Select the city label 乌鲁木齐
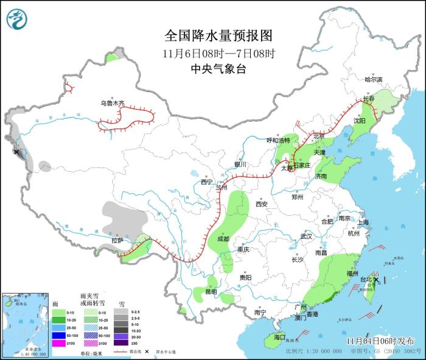click(113, 104)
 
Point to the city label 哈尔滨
click(374, 80)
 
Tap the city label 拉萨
click(117, 240)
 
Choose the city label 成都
click(223, 239)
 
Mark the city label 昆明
click(211, 292)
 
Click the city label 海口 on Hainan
click(279, 337)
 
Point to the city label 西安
click(262, 205)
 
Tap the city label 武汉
click(306, 236)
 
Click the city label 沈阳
click(360, 121)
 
